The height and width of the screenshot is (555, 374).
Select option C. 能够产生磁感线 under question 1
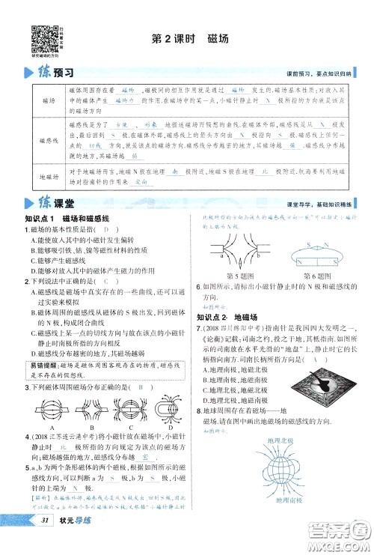pos(57,259)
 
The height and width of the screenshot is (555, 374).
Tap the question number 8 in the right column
pos(198,411)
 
